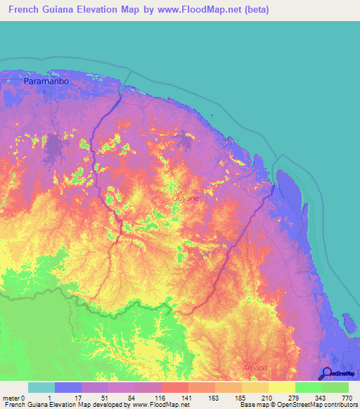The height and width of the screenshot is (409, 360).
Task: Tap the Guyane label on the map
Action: pos(186,199)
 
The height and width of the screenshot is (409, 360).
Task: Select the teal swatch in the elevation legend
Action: pos(41,387)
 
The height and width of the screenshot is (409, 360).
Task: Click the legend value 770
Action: pos(347,397)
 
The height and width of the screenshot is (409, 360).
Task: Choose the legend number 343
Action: pos(321,397)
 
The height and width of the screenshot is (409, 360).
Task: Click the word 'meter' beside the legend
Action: pos(12,397)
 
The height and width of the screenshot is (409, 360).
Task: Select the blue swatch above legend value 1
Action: pos(67,387)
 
